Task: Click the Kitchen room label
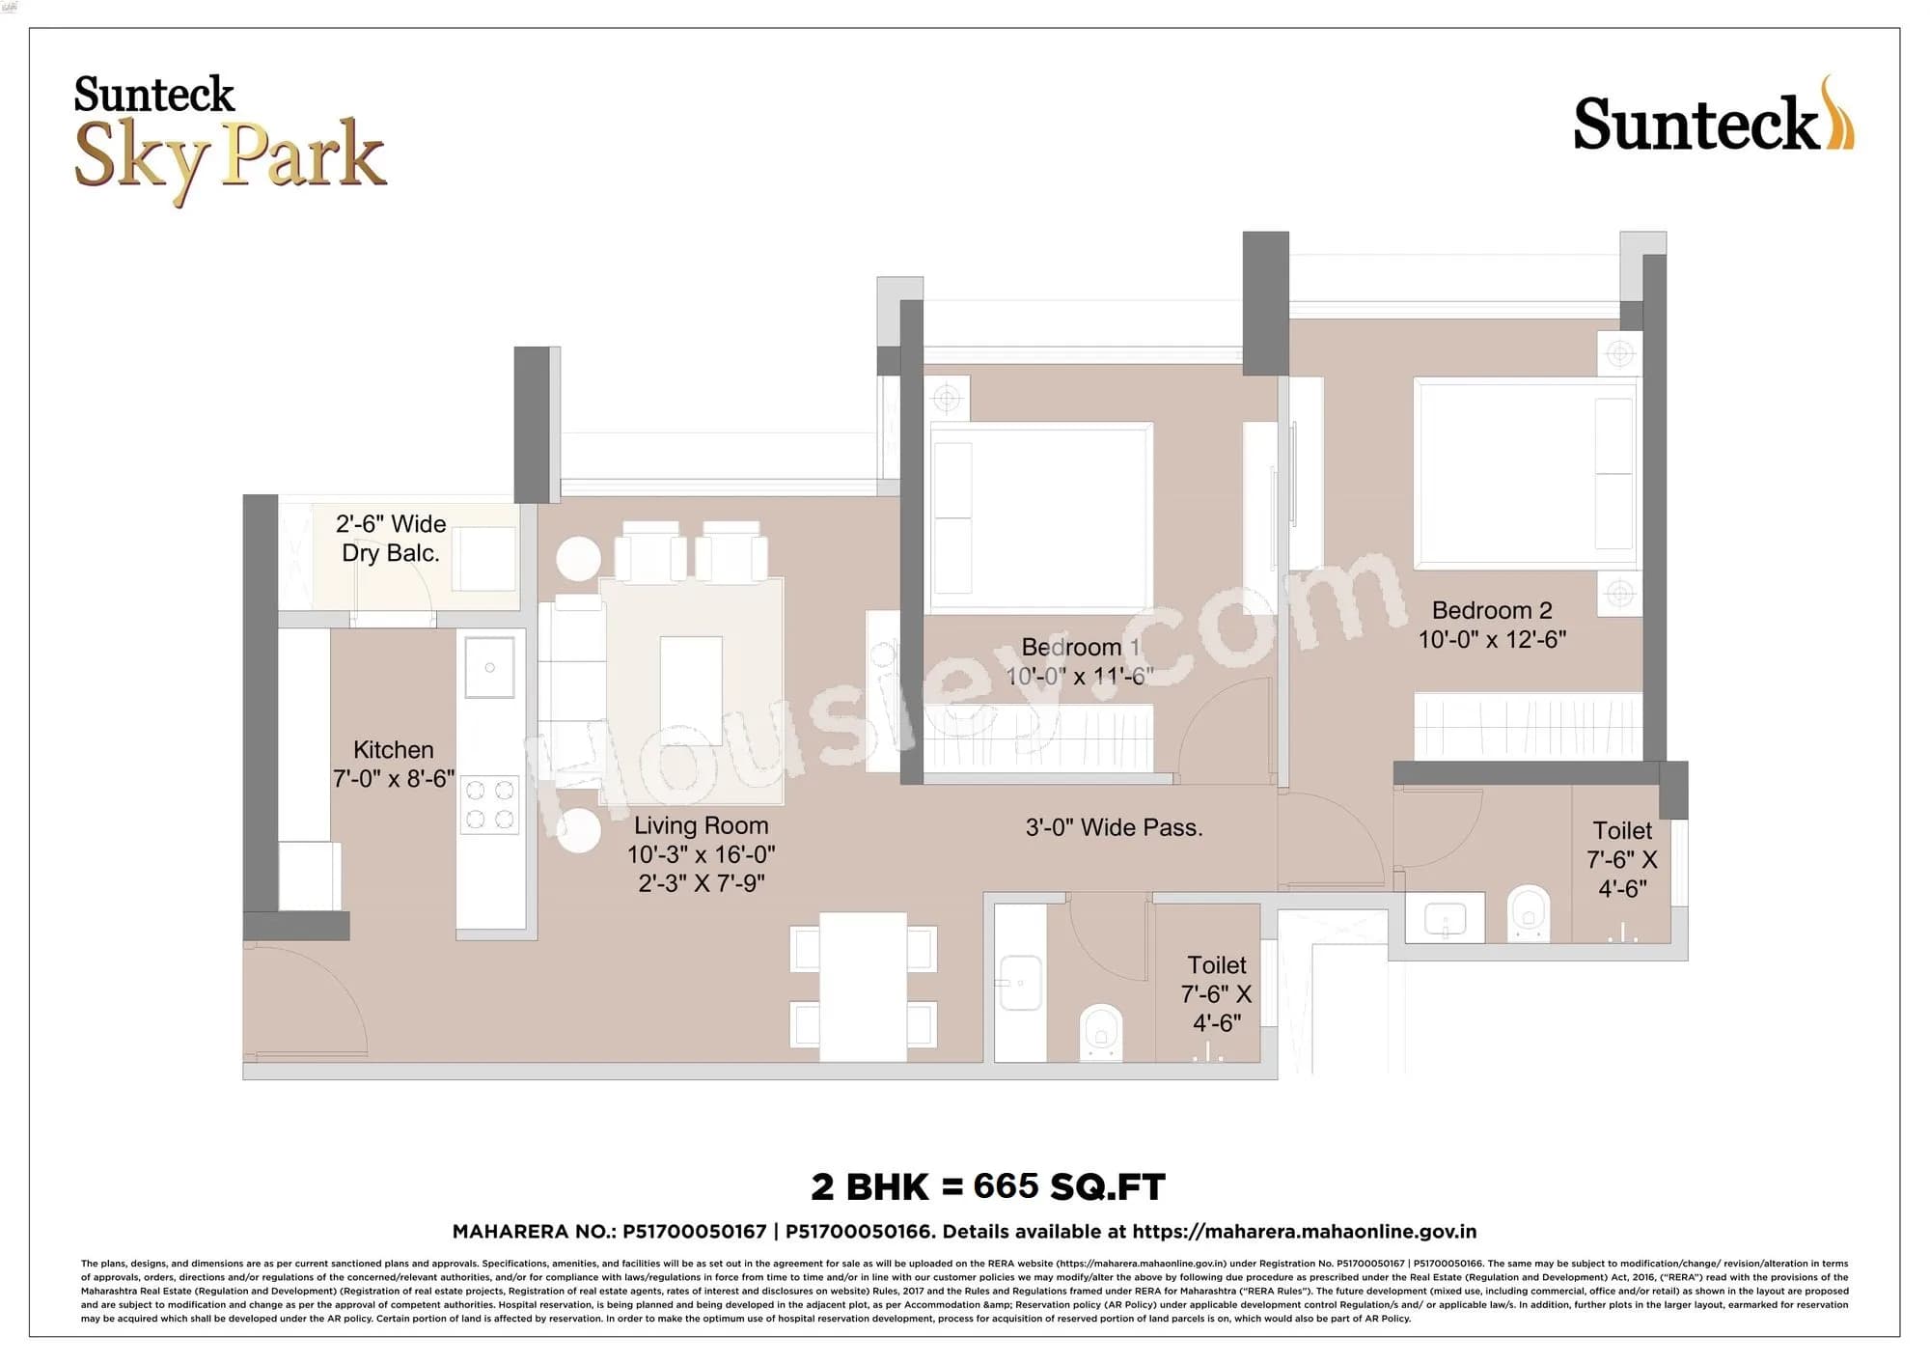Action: click(393, 750)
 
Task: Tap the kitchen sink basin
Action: click(489, 667)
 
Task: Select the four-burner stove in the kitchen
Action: click(489, 805)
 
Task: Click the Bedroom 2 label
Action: click(1491, 610)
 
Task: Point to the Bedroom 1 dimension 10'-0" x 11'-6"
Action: click(1079, 677)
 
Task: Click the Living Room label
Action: click(701, 826)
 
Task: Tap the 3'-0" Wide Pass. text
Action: click(1114, 828)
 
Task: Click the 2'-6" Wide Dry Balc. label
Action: click(391, 539)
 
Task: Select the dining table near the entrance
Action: click(863, 987)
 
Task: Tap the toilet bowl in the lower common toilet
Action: click(1100, 1032)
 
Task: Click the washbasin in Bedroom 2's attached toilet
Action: click(1444, 917)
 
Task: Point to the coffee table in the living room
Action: click(691, 685)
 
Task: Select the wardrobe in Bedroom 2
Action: click(1528, 725)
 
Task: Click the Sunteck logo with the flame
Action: click(1713, 119)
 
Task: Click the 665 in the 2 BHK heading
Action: click(1006, 1185)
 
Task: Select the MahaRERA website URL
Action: click(1304, 1232)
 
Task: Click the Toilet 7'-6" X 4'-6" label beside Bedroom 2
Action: click(1621, 859)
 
